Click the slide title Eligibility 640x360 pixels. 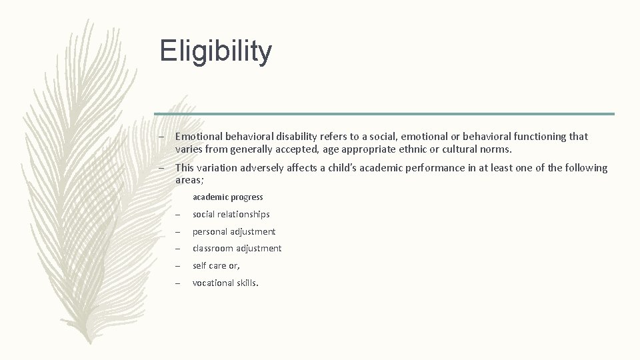[216, 51]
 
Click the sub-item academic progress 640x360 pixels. [227, 197]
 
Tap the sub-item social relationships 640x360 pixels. [231, 215]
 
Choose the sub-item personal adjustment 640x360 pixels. [233, 232]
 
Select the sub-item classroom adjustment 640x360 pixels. [237, 249]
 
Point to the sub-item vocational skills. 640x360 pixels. [225, 283]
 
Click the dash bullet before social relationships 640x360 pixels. [179, 215]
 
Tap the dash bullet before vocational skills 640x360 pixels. [179, 283]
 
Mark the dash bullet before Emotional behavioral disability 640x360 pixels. [161, 137]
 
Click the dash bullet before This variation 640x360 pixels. [161, 168]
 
